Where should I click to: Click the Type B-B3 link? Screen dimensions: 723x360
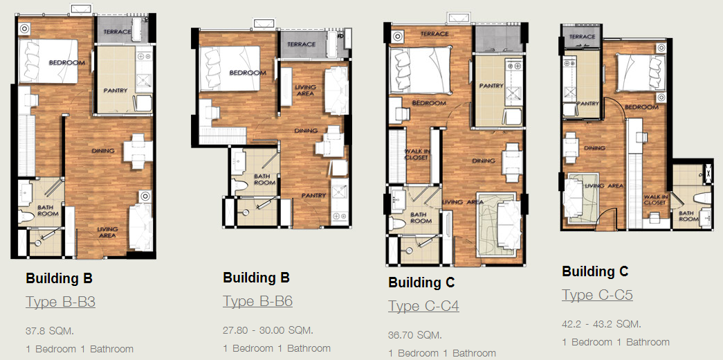click(60, 302)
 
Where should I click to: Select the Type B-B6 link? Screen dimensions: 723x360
click(258, 301)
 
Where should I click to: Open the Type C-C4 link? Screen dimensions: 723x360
click(423, 305)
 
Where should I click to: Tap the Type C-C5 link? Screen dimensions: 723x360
click(597, 294)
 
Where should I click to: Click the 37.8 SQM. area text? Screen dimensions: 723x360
click(50, 330)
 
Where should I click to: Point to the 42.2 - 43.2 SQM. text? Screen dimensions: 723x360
click(601, 324)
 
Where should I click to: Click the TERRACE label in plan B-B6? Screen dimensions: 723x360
click(302, 44)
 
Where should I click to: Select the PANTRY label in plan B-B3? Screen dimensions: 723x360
click(116, 91)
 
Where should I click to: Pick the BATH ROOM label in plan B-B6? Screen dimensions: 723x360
click(265, 179)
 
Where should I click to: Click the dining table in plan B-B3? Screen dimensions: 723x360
click(138, 151)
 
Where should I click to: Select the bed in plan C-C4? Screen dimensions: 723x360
click(419, 70)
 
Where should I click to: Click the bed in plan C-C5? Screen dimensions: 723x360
click(640, 72)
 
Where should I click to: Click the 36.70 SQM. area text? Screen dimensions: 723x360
click(415, 335)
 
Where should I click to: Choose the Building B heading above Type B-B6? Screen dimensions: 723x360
click(257, 278)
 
